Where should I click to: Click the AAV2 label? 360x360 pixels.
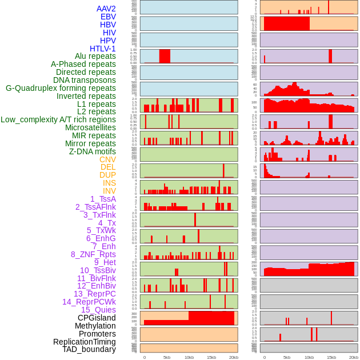click(106, 9)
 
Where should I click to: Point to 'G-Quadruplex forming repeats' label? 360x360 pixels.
click(61, 88)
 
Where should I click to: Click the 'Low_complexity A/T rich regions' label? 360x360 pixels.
click(58, 119)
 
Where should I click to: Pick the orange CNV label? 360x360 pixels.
click(107, 159)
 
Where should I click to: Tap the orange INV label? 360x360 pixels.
click(109, 191)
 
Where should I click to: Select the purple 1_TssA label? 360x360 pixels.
click(103, 199)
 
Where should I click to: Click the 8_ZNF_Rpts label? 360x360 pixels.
click(93, 254)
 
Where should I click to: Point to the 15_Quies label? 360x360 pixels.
click(98, 310)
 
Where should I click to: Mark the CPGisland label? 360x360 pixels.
click(97, 318)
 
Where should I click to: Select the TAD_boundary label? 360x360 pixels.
click(89, 349)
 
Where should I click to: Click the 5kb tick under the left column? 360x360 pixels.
click(167, 357)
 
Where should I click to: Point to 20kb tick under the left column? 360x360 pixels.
click(233, 357)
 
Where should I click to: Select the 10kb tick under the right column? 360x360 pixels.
click(309, 357)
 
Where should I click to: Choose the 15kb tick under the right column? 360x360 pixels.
click(331, 357)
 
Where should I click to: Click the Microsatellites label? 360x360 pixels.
click(90, 127)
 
